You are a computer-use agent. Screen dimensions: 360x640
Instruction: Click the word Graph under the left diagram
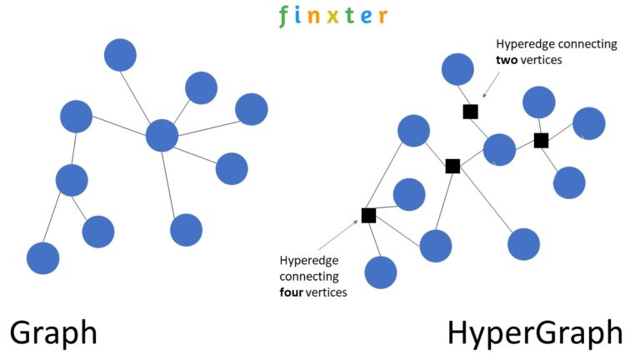tap(53, 332)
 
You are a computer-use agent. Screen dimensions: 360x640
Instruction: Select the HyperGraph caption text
tap(534, 332)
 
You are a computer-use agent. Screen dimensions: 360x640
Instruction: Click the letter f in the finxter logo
tap(285, 15)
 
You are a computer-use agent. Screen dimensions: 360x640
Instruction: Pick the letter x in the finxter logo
tap(332, 16)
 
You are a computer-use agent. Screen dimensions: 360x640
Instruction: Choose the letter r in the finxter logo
tap(382, 17)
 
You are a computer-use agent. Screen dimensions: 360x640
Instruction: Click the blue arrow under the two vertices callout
tap(489, 84)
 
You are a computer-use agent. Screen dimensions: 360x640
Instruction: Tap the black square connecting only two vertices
tap(471, 111)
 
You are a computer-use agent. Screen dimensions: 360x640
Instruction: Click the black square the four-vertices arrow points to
tap(368, 215)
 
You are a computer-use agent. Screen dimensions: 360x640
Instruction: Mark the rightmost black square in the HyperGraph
tap(541, 140)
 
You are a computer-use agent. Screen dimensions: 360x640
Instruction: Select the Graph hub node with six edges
tap(162, 135)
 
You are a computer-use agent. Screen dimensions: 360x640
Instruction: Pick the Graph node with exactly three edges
tap(72, 179)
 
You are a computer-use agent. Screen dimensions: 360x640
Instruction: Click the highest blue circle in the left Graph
tap(120, 55)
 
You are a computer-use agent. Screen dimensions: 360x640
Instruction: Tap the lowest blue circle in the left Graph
tap(42, 258)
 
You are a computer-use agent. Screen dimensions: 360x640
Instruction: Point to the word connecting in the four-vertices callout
tap(309, 276)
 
